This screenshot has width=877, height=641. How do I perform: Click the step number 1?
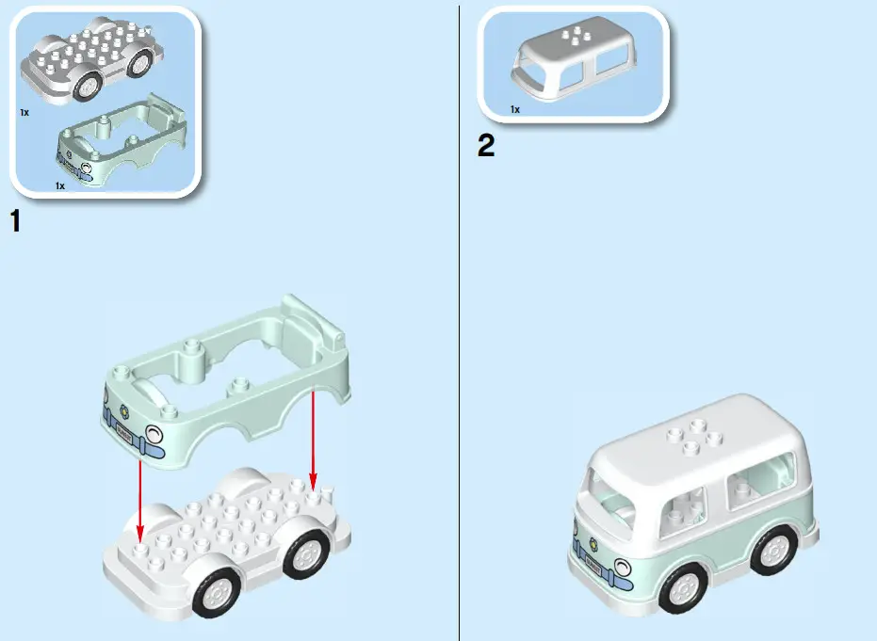pyautogui.click(x=14, y=222)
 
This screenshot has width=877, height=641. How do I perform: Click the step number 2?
pyautogui.click(x=486, y=147)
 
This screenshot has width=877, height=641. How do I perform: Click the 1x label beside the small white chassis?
pyautogui.click(x=24, y=111)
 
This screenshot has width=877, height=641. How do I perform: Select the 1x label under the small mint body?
pyautogui.click(x=60, y=185)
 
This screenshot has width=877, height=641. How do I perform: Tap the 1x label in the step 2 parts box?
pyautogui.click(x=515, y=109)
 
